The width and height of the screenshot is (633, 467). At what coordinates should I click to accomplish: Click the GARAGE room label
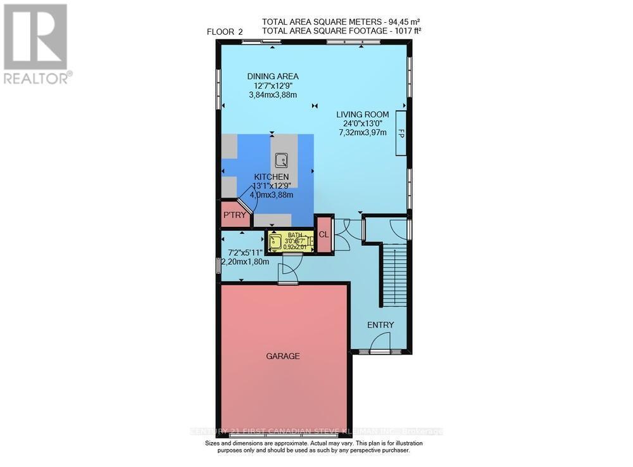pyautogui.click(x=282, y=356)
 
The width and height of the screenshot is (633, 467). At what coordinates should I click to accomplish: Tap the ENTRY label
pyautogui.click(x=380, y=325)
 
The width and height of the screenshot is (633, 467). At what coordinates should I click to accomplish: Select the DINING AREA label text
pyautogui.click(x=273, y=77)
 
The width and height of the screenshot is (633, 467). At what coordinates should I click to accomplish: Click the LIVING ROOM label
pyautogui.click(x=363, y=115)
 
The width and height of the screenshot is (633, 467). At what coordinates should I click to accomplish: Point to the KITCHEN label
pyautogui.click(x=272, y=177)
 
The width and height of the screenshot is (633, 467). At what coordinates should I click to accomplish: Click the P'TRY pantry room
pyautogui.click(x=234, y=216)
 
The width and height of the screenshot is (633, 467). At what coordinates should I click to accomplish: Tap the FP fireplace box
pyautogui.click(x=401, y=133)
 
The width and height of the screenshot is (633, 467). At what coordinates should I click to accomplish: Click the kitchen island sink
pyautogui.click(x=280, y=160)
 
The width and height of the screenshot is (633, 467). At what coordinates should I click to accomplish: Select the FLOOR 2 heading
pyautogui.click(x=225, y=32)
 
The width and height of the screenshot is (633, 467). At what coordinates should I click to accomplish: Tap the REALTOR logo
pyautogui.click(x=37, y=44)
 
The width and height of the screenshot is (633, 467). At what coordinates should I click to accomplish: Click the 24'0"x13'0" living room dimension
pyautogui.click(x=363, y=124)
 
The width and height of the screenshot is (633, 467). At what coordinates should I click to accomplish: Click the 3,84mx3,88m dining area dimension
pyautogui.click(x=273, y=95)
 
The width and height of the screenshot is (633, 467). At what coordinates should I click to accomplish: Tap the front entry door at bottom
pyautogui.click(x=380, y=350)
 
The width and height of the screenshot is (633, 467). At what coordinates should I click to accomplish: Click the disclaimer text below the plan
pyautogui.click(x=307, y=447)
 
